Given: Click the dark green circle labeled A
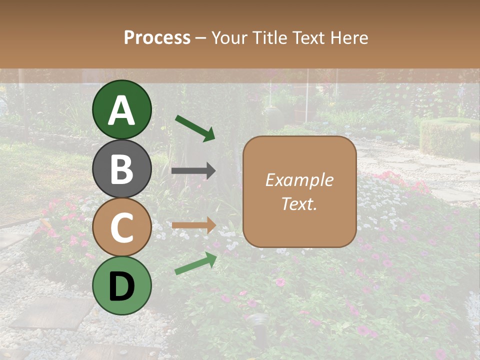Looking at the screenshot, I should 122,109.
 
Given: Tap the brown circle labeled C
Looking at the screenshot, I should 122,227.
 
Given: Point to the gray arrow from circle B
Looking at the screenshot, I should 193,171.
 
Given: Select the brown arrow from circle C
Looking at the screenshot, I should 193,225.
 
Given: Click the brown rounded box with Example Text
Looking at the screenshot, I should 299,192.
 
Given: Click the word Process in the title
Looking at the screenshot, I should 157,37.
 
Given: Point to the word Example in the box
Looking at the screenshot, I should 299,180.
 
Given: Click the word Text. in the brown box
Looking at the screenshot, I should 299,203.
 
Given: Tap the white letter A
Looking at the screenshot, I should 122,110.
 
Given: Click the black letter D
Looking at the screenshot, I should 122,286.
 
